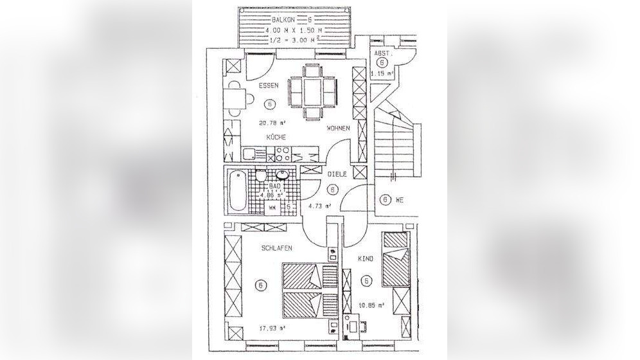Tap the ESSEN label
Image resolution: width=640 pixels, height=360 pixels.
(x=269, y=85)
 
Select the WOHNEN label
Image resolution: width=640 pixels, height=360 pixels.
(x=338, y=128)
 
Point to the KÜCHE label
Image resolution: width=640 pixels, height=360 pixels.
(x=277, y=138)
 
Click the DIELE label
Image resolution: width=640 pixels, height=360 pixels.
(x=337, y=174)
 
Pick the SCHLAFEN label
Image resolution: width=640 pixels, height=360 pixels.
(x=277, y=248)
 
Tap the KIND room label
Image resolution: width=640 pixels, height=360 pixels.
(x=366, y=258)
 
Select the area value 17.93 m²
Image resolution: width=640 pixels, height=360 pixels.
(x=272, y=328)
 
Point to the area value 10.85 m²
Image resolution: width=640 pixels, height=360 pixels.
(x=372, y=305)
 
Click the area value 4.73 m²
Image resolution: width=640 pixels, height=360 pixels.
(x=319, y=206)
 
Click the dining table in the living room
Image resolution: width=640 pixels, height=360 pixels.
(x=313, y=90)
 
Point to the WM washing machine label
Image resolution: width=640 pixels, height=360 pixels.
(x=272, y=208)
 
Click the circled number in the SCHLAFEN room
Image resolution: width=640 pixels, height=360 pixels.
(x=261, y=285)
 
